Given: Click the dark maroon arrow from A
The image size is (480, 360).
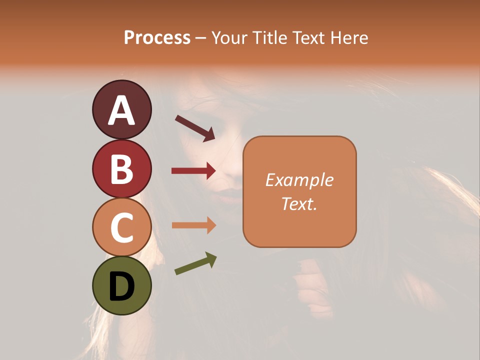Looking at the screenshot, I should click(x=195, y=128).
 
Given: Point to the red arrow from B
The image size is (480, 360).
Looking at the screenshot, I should click(x=193, y=171).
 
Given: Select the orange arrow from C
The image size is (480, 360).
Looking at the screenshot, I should click(x=193, y=225).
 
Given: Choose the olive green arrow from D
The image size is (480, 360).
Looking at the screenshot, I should click(x=195, y=263).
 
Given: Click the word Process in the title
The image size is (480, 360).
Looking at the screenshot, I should click(x=157, y=37).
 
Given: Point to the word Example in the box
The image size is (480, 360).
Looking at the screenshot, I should click(x=299, y=180).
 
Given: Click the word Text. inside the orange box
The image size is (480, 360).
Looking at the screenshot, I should click(x=299, y=203).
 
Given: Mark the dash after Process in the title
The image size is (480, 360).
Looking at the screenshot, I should click(x=201, y=38).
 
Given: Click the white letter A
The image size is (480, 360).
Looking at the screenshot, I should click(x=121, y=110).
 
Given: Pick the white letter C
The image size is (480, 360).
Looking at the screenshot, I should click(x=121, y=228).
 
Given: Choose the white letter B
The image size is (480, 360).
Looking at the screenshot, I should click(x=121, y=169).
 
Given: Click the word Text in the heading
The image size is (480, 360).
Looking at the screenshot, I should click(x=307, y=37).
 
